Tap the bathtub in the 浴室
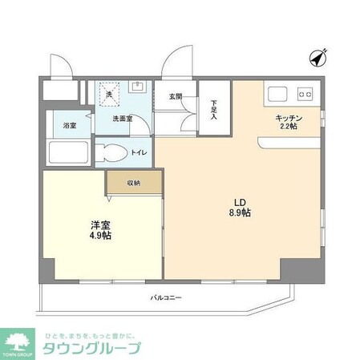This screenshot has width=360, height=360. pos(67,153)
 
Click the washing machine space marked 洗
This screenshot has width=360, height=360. pos(110,94)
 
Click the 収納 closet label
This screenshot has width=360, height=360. pos(133,182)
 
